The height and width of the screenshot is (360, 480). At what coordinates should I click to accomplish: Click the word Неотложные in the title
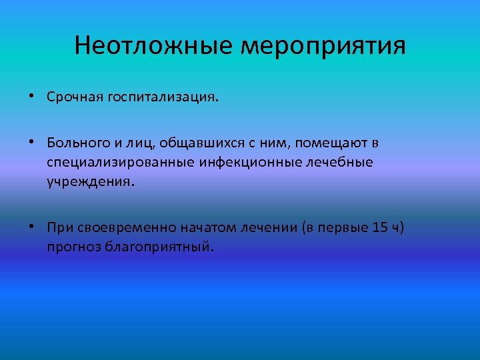155,46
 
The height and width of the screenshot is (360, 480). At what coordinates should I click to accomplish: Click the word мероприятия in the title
323,47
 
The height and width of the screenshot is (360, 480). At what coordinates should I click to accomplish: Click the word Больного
75,143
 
